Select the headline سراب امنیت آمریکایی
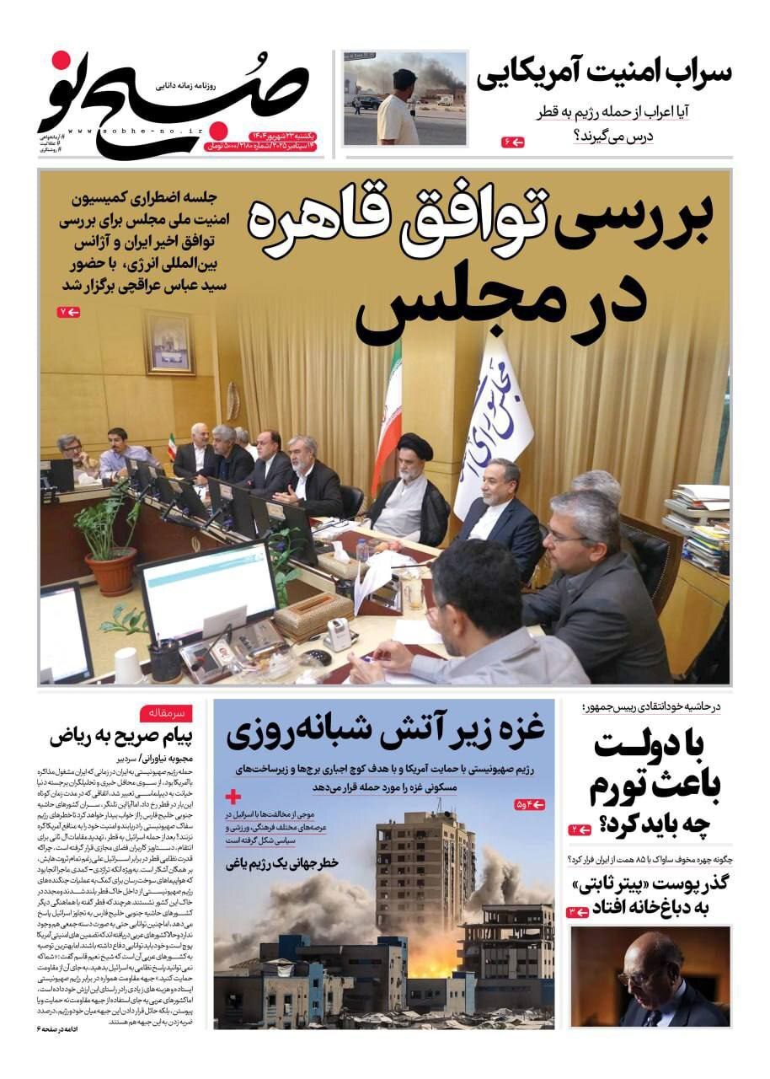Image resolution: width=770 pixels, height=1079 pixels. click(x=604, y=76)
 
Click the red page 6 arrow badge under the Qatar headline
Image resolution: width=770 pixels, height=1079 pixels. click(x=512, y=142)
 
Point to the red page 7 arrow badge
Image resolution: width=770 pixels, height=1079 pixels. click(x=68, y=313)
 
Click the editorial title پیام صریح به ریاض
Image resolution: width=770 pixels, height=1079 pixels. click(x=120, y=736)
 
